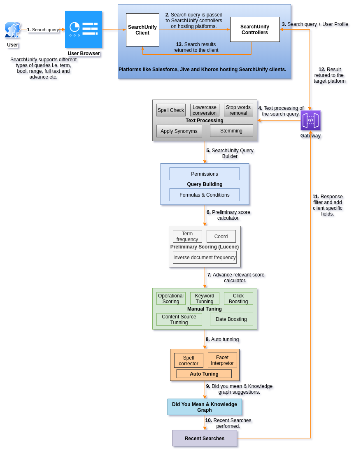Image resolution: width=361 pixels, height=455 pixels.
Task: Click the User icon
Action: pos(13,30)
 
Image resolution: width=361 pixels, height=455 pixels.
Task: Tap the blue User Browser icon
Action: pos(84,29)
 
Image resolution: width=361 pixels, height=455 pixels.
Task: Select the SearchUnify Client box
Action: pos(142,30)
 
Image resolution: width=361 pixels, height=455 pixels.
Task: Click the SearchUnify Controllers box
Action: pos(255,30)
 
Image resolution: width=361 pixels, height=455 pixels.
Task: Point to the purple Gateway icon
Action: pos(310,121)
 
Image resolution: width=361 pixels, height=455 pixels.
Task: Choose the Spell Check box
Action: pos(171,110)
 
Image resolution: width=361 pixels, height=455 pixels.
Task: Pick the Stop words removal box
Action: pos(238,110)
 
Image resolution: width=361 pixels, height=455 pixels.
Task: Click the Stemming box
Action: pos(231,131)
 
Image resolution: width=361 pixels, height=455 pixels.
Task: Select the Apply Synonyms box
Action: pos(179,131)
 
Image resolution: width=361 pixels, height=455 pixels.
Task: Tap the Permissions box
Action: pos(205,174)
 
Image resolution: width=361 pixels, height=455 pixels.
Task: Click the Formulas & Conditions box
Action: pos(205,195)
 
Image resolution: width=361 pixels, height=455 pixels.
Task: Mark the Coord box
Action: pos(221,237)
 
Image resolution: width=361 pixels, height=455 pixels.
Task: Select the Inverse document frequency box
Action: pos(205,258)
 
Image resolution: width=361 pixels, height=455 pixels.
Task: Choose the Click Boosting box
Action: pos(238,299)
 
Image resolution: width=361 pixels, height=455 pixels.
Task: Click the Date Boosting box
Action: pos(231,319)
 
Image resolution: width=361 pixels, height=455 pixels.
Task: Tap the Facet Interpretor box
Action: pos(222,360)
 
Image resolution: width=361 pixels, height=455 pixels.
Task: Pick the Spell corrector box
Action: pos(189,361)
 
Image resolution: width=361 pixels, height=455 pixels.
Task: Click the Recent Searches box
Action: pos(205,439)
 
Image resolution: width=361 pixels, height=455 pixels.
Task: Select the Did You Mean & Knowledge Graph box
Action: pos(205,407)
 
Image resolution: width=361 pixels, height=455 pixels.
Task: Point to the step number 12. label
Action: pos(322,70)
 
